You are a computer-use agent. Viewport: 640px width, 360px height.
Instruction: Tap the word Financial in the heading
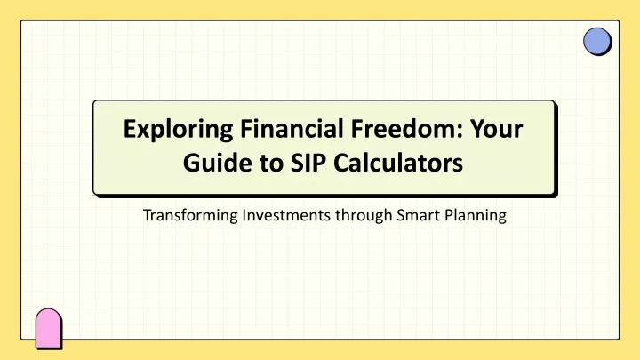tap(292, 129)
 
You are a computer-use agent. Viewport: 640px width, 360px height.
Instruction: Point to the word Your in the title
tap(496, 129)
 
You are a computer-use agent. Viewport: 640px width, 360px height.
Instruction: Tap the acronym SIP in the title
tap(308, 163)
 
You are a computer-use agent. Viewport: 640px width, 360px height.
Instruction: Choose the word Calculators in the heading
tap(398, 163)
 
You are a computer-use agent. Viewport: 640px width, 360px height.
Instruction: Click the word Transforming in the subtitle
tap(190, 215)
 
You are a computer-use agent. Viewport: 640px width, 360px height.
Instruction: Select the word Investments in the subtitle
tap(286, 215)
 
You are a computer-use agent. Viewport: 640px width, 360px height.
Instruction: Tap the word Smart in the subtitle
tap(419, 215)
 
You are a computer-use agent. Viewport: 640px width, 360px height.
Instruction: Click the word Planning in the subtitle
tap(476, 215)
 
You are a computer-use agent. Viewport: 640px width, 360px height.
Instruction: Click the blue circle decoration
tap(596, 41)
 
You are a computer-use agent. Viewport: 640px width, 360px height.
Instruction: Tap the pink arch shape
tap(48, 328)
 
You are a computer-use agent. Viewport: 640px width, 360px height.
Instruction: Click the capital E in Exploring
tap(130, 129)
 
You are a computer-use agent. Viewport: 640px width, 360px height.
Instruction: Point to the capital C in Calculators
tap(342, 163)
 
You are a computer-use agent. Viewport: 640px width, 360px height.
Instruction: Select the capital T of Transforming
tap(148, 215)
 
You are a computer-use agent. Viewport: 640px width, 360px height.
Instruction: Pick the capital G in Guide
tap(192, 163)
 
